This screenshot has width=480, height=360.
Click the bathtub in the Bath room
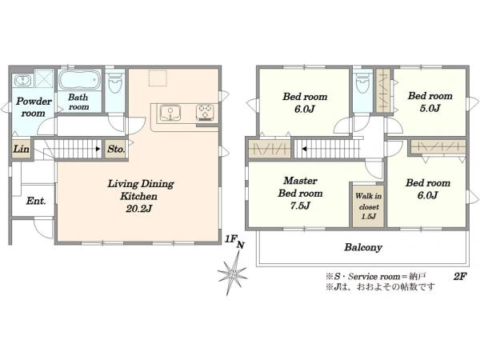pyautogui.click(x=79, y=79)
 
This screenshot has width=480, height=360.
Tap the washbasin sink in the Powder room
pyautogui.click(x=22, y=81)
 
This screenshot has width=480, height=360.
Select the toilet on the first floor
pyautogui.click(x=115, y=82)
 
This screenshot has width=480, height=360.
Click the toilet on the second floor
pyautogui.click(x=362, y=82)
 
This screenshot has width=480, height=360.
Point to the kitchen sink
pyautogui.click(x=170, y=113)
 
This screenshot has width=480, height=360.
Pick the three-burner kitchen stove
pyautogui.click(x=205, y=112)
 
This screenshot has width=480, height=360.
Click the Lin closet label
pyautogui.click(x=21, y=149)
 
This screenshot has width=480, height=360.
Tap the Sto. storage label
pyautogui.click(x=116, y=149)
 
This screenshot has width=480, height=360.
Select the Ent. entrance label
pyautogui.click(x=36, y=201)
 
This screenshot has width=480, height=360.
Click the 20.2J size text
pyautogui.click(x=139, y=209)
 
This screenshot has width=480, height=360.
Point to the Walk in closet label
pyautogui.click(x=369, y=201)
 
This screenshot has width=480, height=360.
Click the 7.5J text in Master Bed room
pyautogui.click(x=300, y=206)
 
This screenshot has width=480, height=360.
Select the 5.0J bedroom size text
pyautogui.click(x=430, y=108)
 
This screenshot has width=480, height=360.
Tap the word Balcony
pyautogui.click(x=363, y=247)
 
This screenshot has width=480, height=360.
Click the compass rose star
pyautogui.click(x=233, y=273)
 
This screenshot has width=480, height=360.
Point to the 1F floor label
pyautogui.click(x=230, y=238)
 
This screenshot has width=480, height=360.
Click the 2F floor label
pyautogui.click(x=460, y=277)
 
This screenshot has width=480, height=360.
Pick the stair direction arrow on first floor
pyautogui.click(x=98, y=149)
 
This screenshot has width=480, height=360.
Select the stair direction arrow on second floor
pyautogui.click(x=305, y=149)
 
